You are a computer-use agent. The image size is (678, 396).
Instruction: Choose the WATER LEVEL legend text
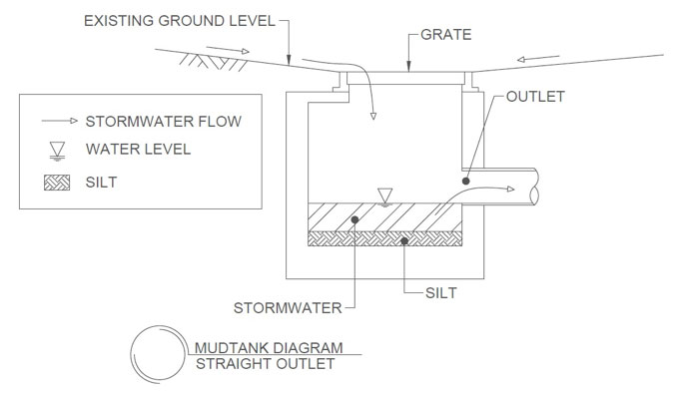(138, 150)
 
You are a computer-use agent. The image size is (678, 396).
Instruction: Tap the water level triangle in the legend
(57, 150)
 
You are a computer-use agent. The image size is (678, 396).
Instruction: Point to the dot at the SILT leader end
(403, 239)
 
